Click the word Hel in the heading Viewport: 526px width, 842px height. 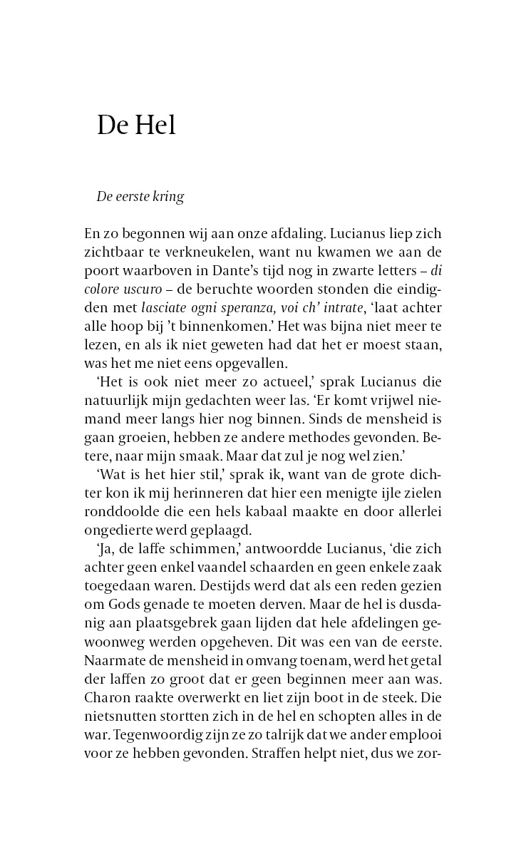154,125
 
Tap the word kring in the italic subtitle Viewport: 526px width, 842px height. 169,197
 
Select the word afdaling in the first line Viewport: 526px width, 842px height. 289,233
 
